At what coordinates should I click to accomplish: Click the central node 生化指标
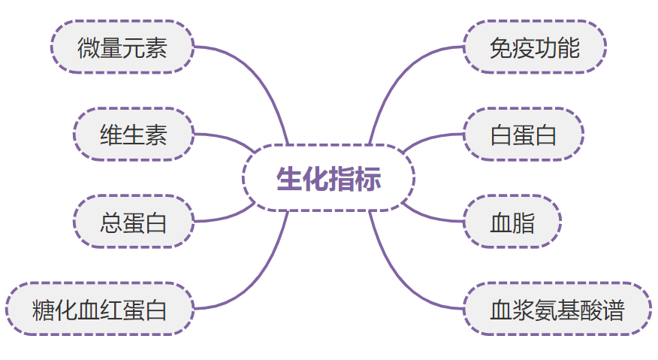tap(328, 179)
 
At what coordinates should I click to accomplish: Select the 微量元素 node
tap(122, 47)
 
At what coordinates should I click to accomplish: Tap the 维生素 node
tap(133, 135)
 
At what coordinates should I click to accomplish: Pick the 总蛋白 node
tap(133, 222)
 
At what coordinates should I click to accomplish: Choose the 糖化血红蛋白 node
tap(99, 309)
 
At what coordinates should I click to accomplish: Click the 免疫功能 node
tap(534, 47)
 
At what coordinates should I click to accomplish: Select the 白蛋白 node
tap(523, 135)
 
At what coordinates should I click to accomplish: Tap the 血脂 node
tap(512, 222)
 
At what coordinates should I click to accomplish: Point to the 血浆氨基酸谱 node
tap(557, 309)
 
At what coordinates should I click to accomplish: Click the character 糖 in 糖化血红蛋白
tap(43, 310)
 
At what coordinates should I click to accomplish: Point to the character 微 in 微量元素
tap(89, 48)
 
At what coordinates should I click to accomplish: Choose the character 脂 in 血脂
tap(524, 223)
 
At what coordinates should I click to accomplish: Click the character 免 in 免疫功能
tap(501, 48)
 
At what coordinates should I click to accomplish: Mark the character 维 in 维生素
tap(111, 135)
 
